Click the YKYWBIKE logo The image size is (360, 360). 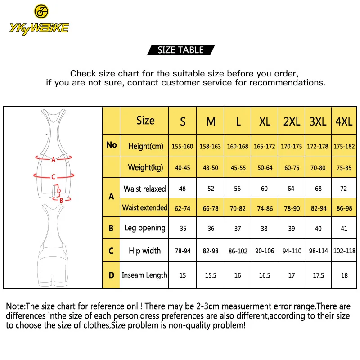(39, 20)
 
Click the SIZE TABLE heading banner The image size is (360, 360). (180, 50)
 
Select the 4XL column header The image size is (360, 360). (344, 121)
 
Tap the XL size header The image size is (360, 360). (265, 121)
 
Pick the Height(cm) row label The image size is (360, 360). (145, 146)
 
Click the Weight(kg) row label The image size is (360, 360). (145, 167)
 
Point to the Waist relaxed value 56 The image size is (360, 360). (238, 189)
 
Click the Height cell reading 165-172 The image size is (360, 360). (265, 146)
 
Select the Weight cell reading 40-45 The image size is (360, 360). (183, 168)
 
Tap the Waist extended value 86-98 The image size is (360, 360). (344, 208)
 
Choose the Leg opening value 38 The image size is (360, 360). (265, 229)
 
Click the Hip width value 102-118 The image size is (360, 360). (344, 251)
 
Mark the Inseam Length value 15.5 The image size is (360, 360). (211, 275)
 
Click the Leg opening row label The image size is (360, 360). (145, 228)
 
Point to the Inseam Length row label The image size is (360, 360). (144, 275)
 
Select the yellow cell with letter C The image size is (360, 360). (111, 251)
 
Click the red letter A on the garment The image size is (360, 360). (54, 159)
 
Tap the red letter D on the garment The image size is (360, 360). (58, 191)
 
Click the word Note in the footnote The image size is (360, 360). (14, 306)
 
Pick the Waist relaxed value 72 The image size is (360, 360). (344, 189)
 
